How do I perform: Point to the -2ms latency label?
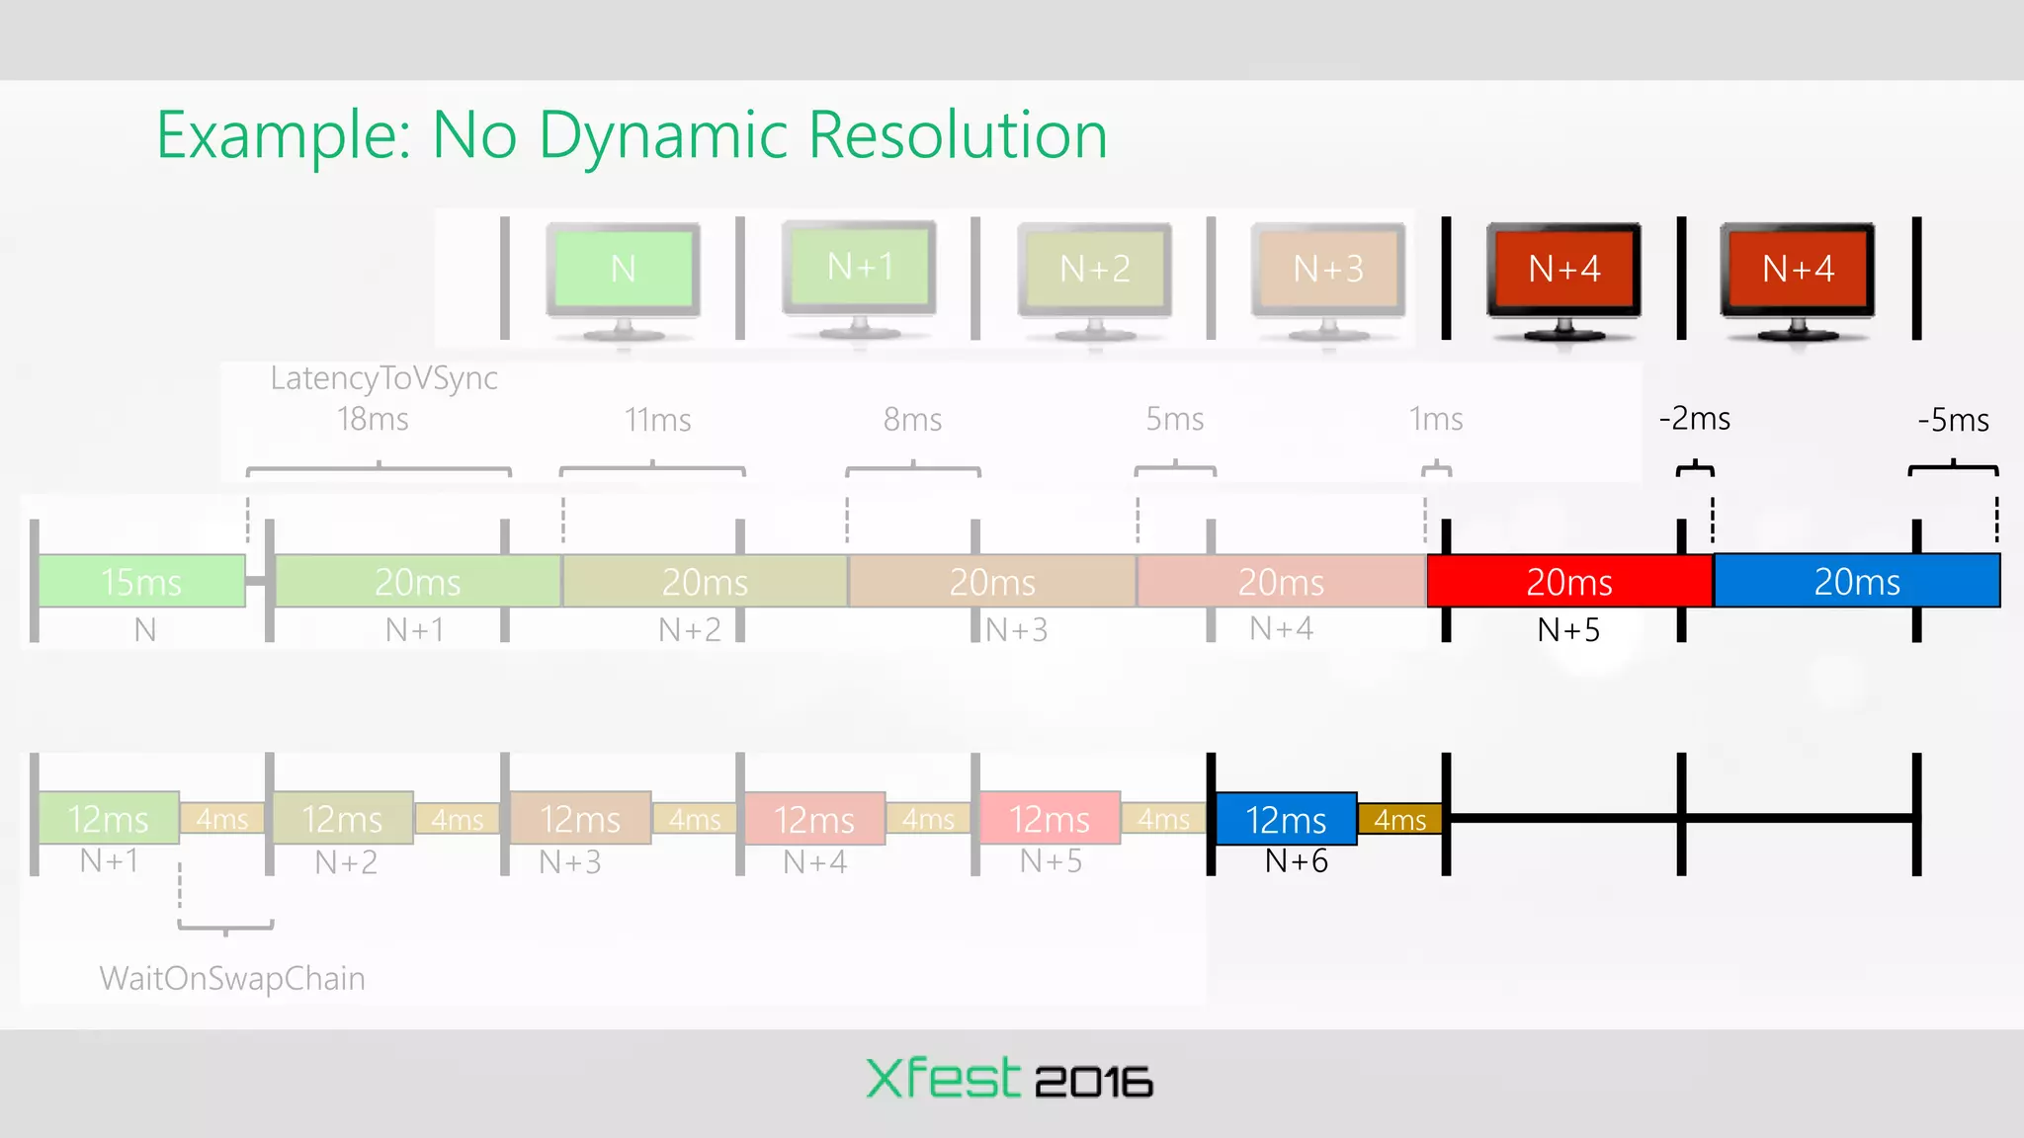coord(1694,419)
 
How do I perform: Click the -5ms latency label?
coord(1953,420)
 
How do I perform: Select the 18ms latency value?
coord(373,419)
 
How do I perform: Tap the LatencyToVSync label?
coord(383,378)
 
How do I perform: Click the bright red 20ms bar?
coord(1568,581)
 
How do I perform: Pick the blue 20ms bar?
coord(1856,581)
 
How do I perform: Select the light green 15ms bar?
coord(141,581)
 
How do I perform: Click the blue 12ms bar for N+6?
coord(1285,819)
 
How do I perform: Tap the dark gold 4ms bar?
coord(1399,819)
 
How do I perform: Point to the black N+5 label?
coord(1568,629)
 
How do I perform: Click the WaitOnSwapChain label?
coord(232,978)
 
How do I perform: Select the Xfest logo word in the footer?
coord(942,1078)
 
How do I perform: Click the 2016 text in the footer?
coord(1093,1082)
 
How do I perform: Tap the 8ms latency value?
coord(912,420)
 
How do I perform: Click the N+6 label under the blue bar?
coord(1296,861)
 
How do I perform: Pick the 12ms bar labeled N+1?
coord(108,819)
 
